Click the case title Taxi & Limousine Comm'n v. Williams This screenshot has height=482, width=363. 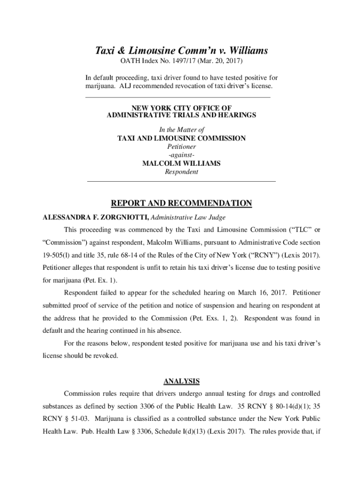pyautogui.click(x=181, y=50)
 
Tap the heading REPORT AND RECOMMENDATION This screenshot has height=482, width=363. pyautogui.click(x=181, y=203)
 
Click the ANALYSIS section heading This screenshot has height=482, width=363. pyautogui.click(x=181, y=380)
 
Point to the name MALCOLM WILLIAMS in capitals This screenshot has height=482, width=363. pyautogui.click(x=181, y=163)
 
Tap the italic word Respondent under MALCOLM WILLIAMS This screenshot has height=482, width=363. pyautogui.click(x=181, y=172)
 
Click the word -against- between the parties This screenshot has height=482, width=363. pyautogui.click(x=181, y=155)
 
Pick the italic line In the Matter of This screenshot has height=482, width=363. pyautogui.click(x=181, y=129)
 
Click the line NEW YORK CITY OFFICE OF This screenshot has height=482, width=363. pyautogui.click(x=181, y=108)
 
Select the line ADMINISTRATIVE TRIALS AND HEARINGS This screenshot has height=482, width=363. pyautogui.click(x=181, y=115)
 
